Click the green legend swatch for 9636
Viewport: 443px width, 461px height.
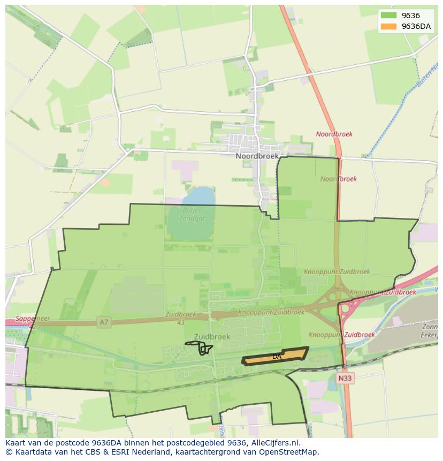388,16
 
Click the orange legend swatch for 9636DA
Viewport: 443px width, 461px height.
388,26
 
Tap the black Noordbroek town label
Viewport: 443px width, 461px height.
257,156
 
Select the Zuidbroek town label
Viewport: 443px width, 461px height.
212,337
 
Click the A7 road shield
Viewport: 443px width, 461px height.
104,322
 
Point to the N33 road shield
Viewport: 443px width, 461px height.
346,378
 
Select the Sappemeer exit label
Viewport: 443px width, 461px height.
33,319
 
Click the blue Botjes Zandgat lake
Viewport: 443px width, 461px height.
193,198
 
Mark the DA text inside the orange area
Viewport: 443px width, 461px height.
277,357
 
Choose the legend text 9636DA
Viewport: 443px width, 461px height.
416,26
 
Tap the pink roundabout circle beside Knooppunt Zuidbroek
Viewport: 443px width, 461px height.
346,308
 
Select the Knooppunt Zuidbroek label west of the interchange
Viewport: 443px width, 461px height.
271,312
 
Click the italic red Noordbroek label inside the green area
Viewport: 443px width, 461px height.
339,179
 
